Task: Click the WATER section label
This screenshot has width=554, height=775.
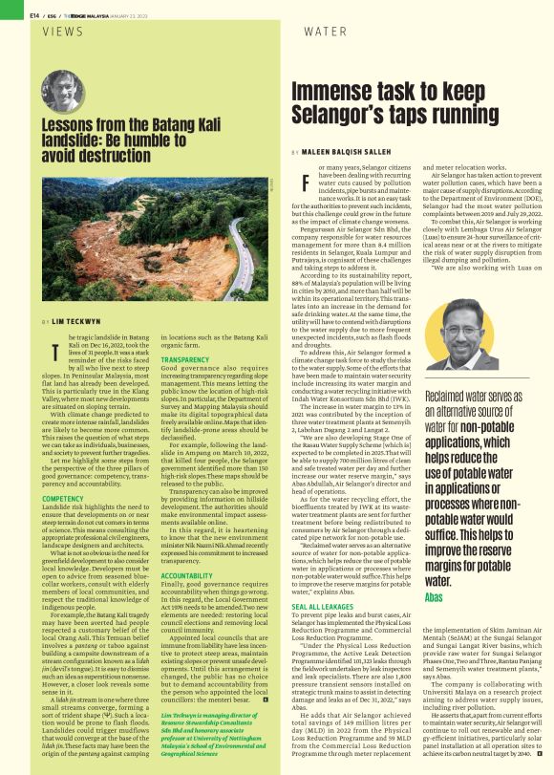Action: click(324, 32)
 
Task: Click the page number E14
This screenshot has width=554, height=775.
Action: click(34, 13)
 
